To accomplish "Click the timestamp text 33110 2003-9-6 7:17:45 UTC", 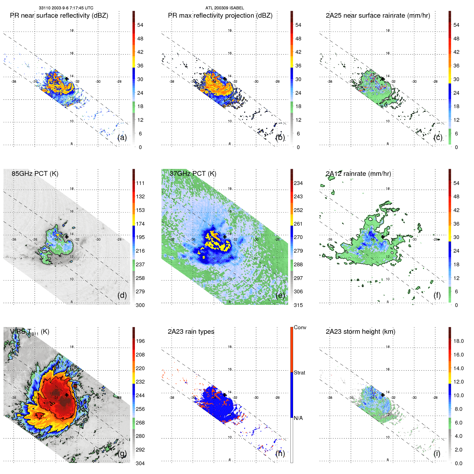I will point(66,8).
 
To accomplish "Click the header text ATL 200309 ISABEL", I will point(225,8).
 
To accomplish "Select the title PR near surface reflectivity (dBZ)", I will point(59,16).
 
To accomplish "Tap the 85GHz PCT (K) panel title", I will point(35,174).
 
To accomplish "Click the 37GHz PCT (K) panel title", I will point(193,174).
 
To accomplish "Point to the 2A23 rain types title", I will point(191,332).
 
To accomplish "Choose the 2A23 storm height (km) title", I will point(360,332).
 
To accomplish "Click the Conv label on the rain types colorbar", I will point(300,327).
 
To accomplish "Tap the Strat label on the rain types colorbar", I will point(299,373).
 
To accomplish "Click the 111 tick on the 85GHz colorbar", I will point(140,183).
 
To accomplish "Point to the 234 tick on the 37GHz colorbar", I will point(298,183).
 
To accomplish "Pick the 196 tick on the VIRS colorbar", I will point(140,341).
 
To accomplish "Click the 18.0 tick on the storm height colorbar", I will point(458,341).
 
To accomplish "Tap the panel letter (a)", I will point(122,137).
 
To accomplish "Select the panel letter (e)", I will point(280,295).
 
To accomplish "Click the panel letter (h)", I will point(280,453).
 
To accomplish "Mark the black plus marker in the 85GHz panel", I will point(67,237).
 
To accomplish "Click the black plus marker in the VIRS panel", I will point(67,395).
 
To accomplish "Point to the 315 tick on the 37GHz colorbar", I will point(298,305).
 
